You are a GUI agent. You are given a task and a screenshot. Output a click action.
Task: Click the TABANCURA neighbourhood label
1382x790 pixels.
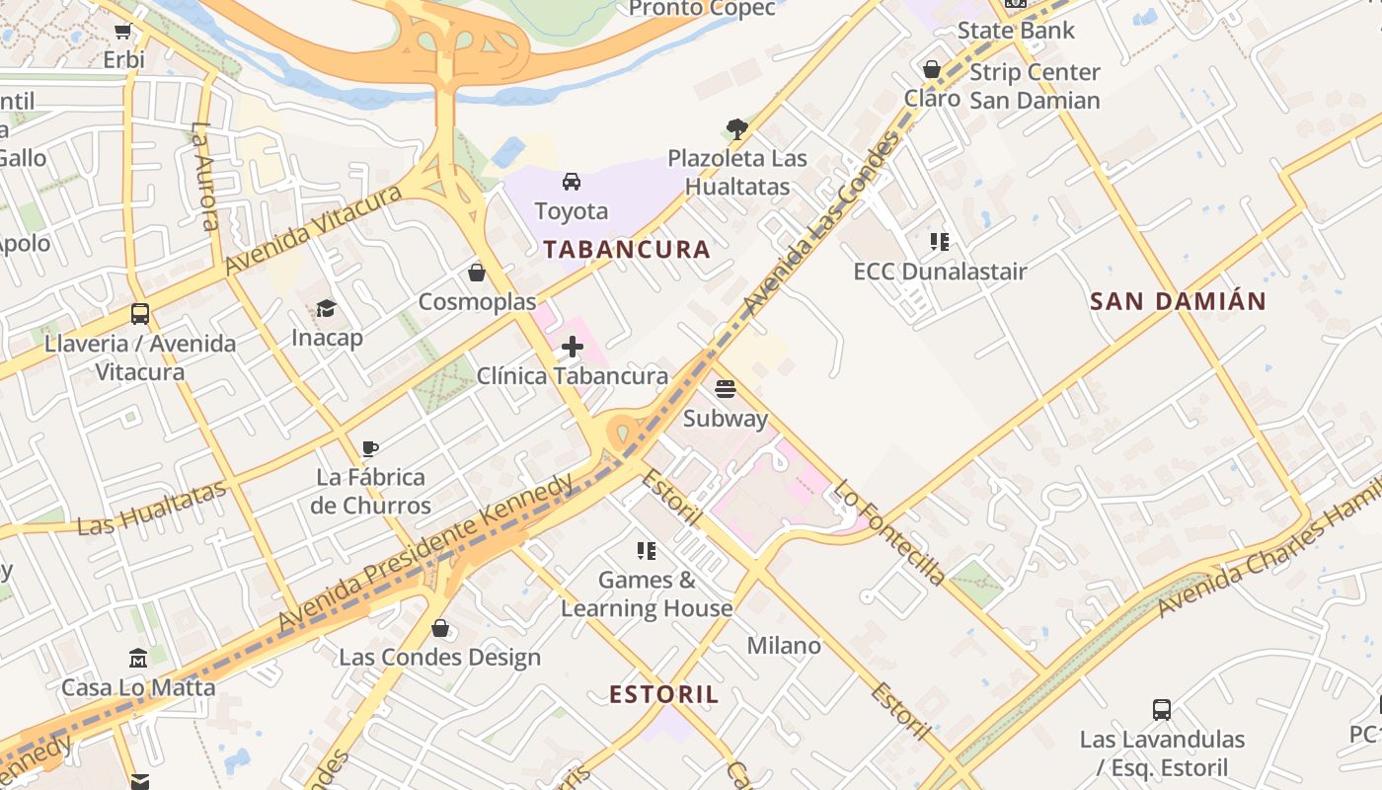point(627,249)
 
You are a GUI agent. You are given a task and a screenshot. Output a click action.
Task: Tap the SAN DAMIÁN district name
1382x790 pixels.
point(1178,301)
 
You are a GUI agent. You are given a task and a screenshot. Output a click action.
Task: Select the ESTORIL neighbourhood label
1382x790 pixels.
point(664,694)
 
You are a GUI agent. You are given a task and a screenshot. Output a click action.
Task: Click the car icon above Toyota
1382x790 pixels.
point(572,182)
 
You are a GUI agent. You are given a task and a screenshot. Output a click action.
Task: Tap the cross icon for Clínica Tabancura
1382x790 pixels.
point(573,347)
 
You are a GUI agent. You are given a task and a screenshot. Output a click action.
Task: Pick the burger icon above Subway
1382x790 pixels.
point(726,389)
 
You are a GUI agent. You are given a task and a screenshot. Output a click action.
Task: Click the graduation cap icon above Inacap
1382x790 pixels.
point(326,309)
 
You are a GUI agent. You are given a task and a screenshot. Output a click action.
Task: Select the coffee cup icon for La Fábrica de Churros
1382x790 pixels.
point(370,448)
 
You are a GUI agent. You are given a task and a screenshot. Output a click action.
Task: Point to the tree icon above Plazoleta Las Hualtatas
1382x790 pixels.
point(736,128)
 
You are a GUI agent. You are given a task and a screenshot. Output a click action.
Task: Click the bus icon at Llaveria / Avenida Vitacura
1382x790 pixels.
point(140,314)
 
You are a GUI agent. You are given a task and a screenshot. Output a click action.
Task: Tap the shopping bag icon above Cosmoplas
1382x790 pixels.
point(477,273)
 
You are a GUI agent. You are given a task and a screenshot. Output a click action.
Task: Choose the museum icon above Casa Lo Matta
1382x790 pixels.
point(138,658)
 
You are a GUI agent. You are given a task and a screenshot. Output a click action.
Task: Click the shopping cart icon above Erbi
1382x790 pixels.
point(123,31)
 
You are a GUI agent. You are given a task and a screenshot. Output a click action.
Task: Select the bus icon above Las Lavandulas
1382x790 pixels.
point(1162,709)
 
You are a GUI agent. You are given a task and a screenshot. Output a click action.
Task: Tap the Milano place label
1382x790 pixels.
point(784,646)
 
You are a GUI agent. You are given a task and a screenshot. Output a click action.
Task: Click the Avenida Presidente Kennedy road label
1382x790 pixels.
point(426,553)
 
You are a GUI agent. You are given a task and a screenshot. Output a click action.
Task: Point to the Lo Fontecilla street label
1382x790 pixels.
point(889,532)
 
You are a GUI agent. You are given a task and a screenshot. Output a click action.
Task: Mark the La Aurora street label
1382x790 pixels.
point(205,176)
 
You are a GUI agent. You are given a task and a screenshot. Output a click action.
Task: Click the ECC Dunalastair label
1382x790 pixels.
point(940,272)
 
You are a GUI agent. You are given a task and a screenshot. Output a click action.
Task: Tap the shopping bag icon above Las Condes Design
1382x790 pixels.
point(440,628)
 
